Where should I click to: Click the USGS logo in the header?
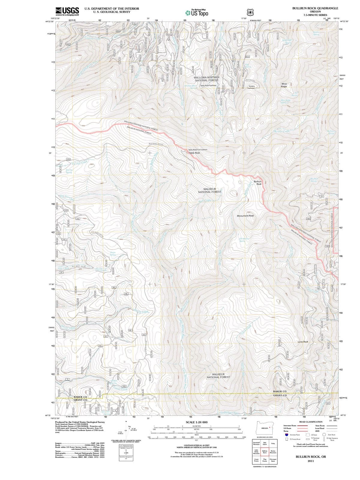click(x=67, y=11)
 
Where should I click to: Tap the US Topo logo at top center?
click(x=197, y=13)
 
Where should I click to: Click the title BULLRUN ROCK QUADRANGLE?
click(x=315, y=8)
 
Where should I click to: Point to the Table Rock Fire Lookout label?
click(x=198, y=149)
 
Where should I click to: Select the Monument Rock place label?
click(x=245, y=216)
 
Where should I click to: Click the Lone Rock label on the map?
click(x=303, y=342)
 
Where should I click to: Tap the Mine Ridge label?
click(x=284, y=85)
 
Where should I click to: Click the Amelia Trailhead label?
click(x=251, y=87)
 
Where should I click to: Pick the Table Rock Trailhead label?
click(x=208, y=85)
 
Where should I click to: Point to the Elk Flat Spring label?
click(x=69, y=171)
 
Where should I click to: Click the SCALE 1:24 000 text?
click(x=196, y=422)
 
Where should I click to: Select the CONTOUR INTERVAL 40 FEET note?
click(x=196, y=445)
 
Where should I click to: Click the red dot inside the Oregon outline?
click(x=270, y=427)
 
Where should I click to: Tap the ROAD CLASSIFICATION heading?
click(x=311, y=422)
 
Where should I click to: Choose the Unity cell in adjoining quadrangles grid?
click(x=273, y=444)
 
